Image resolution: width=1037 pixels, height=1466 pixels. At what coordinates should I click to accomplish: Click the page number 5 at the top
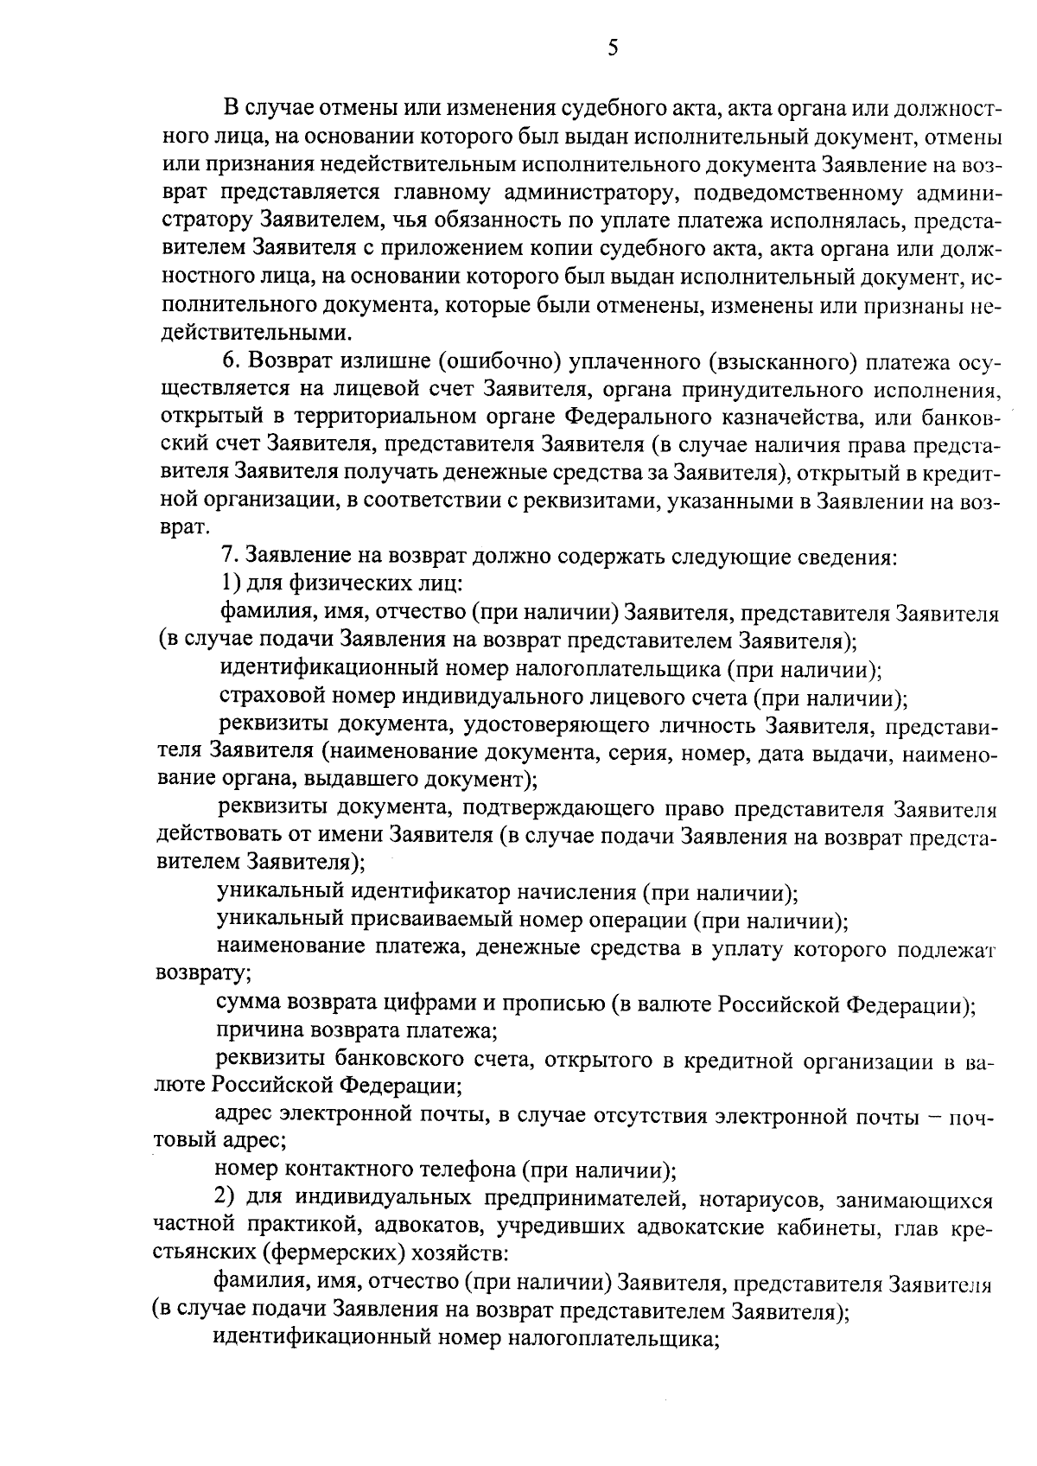pyautogui.click(x=612, y=49)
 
